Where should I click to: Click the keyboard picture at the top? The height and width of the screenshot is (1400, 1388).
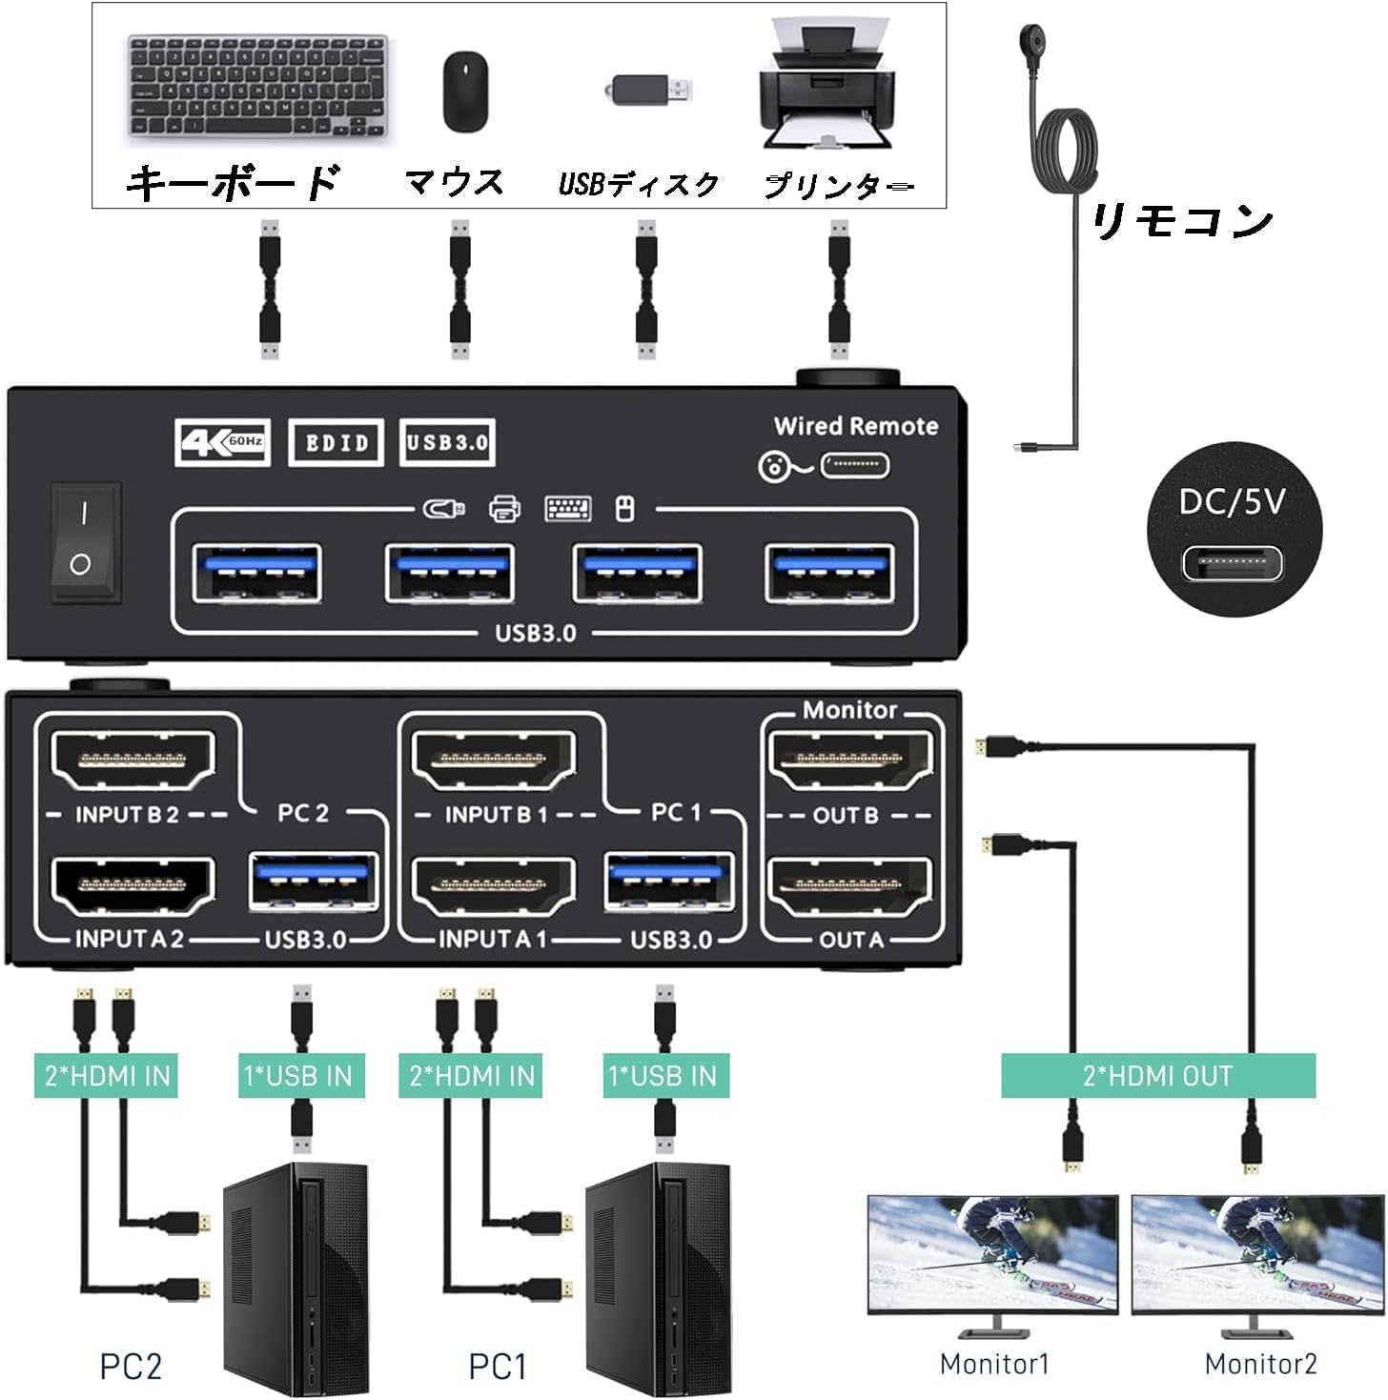257,86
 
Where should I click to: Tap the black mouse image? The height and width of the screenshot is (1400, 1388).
465,91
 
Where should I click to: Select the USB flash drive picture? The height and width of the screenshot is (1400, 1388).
648,91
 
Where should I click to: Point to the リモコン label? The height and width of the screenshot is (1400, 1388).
1182,221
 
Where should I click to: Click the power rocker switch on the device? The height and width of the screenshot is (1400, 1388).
84,542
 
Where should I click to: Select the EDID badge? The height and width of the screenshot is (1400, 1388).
336,442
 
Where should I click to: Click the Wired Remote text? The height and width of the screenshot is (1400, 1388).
855,426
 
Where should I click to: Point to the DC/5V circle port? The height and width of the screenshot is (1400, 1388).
1233,534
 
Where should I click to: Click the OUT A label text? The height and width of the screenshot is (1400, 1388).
850,940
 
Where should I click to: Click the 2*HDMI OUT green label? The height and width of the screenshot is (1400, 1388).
1157,1076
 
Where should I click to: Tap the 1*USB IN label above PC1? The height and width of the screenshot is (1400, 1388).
663,1076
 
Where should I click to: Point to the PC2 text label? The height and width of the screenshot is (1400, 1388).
131,1367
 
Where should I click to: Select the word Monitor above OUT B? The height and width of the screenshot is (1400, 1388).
848,710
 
